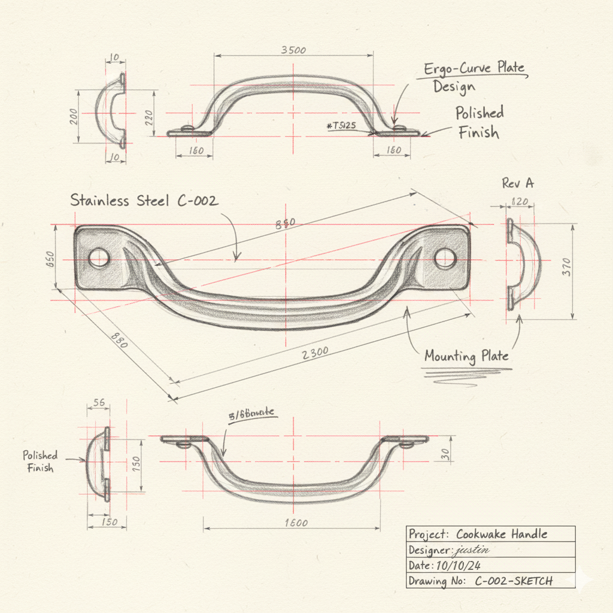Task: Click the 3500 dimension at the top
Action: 293,50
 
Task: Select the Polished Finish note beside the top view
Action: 479,122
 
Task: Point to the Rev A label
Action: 518,183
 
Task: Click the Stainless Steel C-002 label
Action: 144,201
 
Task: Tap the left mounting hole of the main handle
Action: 99,258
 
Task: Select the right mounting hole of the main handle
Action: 444,258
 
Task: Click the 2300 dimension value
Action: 315,353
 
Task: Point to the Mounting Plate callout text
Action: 466,356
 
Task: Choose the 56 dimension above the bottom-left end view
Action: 99,403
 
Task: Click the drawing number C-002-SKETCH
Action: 514,581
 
